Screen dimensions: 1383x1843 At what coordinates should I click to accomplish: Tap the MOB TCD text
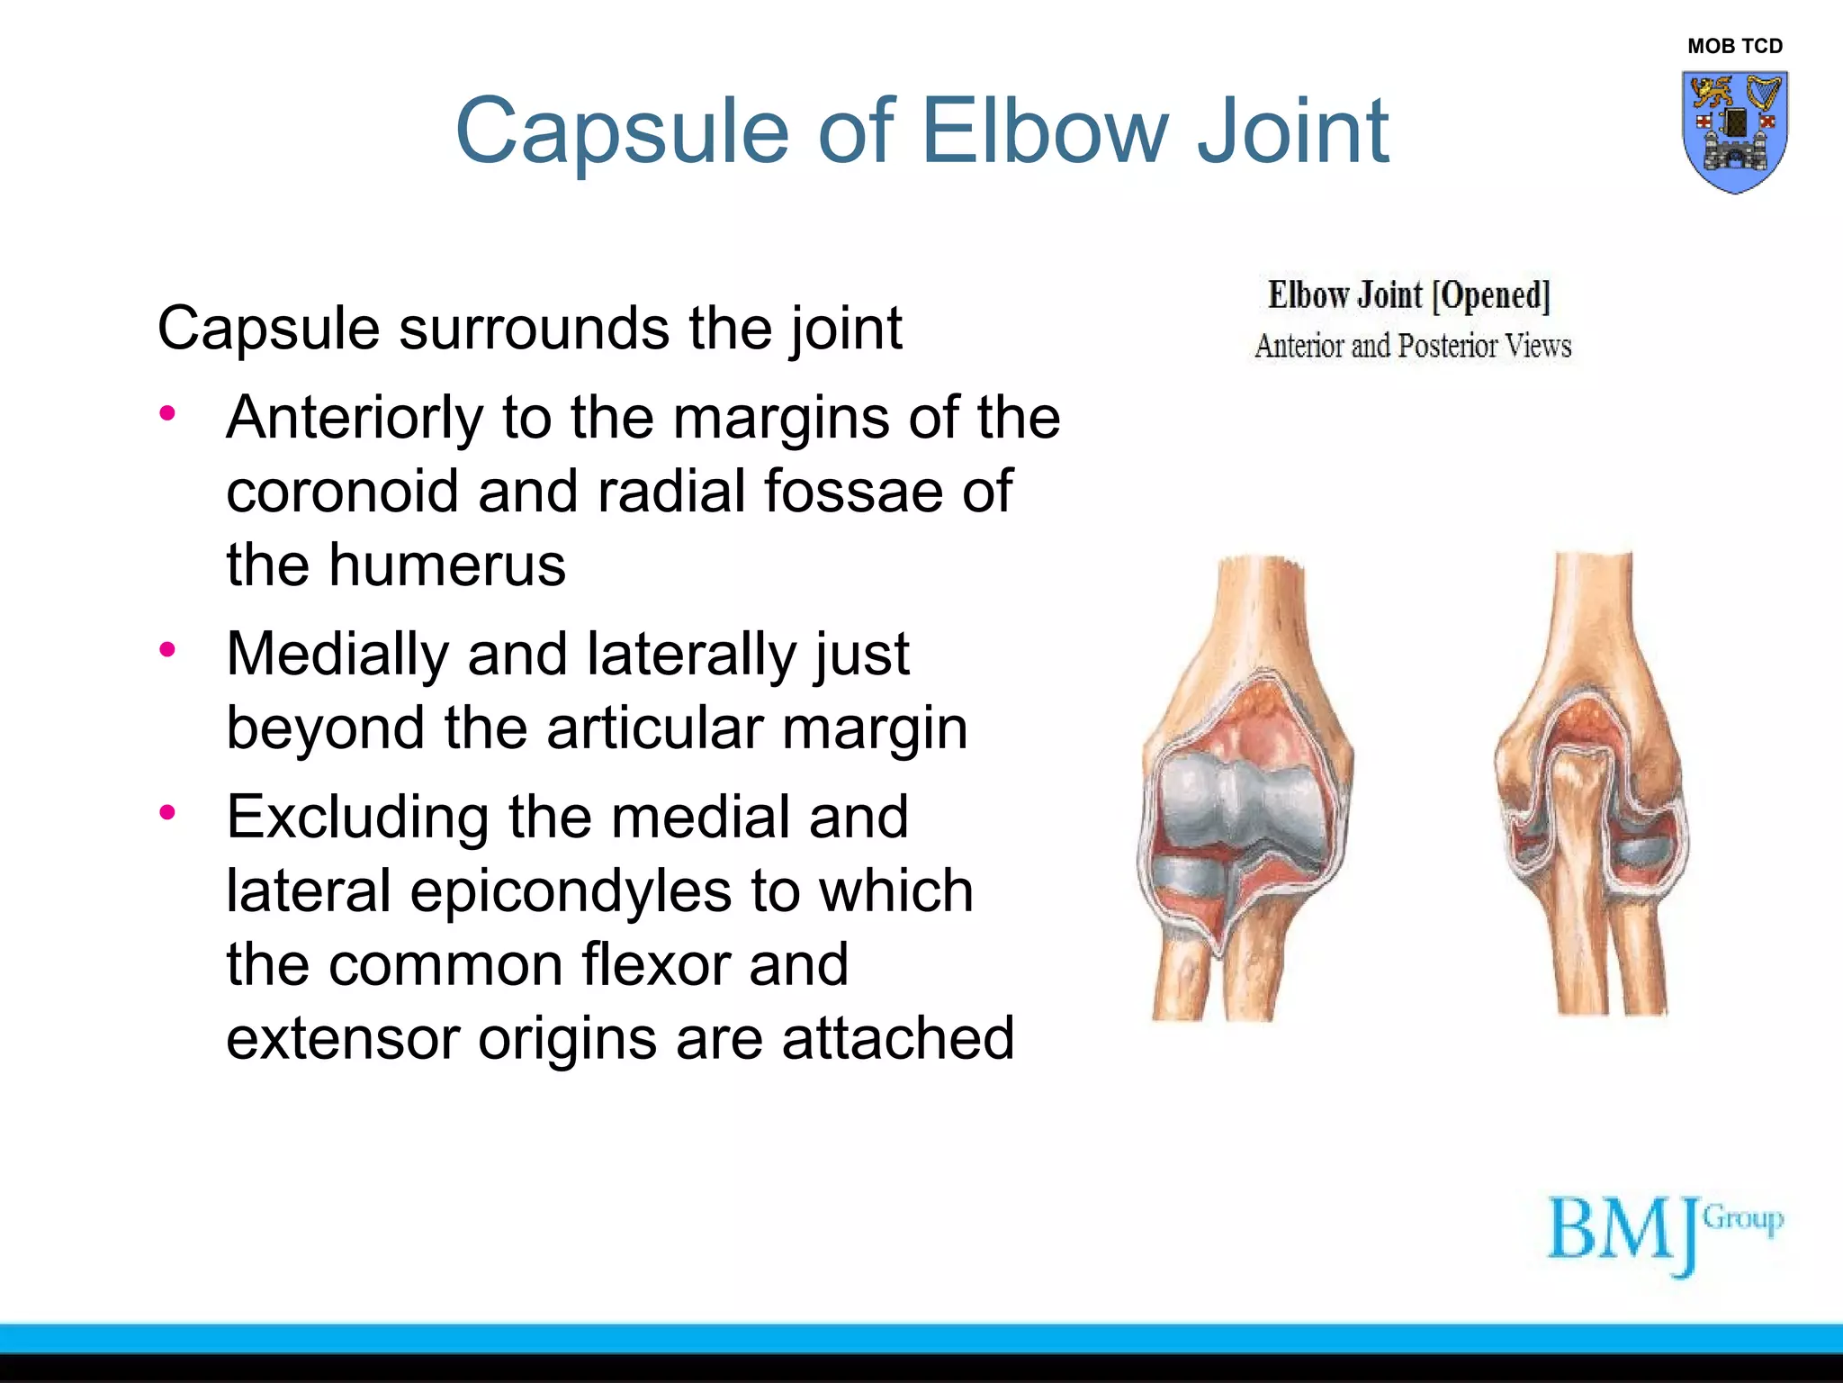1734,46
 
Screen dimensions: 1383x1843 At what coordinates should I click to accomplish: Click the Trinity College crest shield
1734,131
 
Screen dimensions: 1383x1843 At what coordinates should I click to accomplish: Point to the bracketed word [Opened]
1490,295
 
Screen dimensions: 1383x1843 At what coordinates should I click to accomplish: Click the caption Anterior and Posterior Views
1412,346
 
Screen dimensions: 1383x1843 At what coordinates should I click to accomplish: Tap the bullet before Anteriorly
167,414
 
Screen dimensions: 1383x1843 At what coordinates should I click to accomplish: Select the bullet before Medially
167,649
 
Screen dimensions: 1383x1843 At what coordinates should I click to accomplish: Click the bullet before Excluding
167,813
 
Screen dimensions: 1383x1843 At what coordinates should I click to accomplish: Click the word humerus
446,565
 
